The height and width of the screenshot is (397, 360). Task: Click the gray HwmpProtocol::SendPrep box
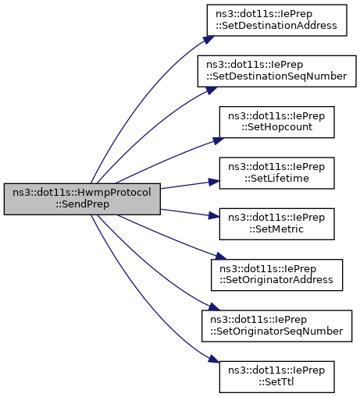pos(82,199)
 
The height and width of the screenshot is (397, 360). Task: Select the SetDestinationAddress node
pos(276,20)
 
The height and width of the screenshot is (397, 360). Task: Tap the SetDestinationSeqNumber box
pos(276,71)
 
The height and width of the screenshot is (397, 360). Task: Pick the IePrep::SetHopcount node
pos(276,122)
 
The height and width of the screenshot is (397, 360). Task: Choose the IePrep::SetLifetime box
pos(276,173)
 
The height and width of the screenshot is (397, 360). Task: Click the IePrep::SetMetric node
pos(276,224)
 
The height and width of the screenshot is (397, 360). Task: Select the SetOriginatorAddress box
pos(276,275)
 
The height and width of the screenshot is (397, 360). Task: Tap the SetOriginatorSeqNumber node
pos(276,326)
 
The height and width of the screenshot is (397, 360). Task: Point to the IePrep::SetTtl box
pos(276,377)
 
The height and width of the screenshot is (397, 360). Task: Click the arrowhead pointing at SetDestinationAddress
pos(209,40)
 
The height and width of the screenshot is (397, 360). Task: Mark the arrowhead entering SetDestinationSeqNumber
pos(212,90)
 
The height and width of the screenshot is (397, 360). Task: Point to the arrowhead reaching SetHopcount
pos(218,140)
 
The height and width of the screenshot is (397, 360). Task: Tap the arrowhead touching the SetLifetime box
pos(214,182)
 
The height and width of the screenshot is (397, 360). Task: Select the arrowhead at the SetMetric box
pos(214,215)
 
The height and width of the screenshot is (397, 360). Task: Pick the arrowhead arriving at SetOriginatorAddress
pos(221,256)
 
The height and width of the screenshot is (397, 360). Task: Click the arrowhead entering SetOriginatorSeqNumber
pos(214,307)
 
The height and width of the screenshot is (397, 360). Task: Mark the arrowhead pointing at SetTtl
pos(213,359)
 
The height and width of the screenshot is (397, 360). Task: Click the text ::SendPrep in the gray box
pos(82,204)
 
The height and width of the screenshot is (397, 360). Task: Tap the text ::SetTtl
pos(276,382)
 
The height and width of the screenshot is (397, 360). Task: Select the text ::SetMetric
pos(276,229)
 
